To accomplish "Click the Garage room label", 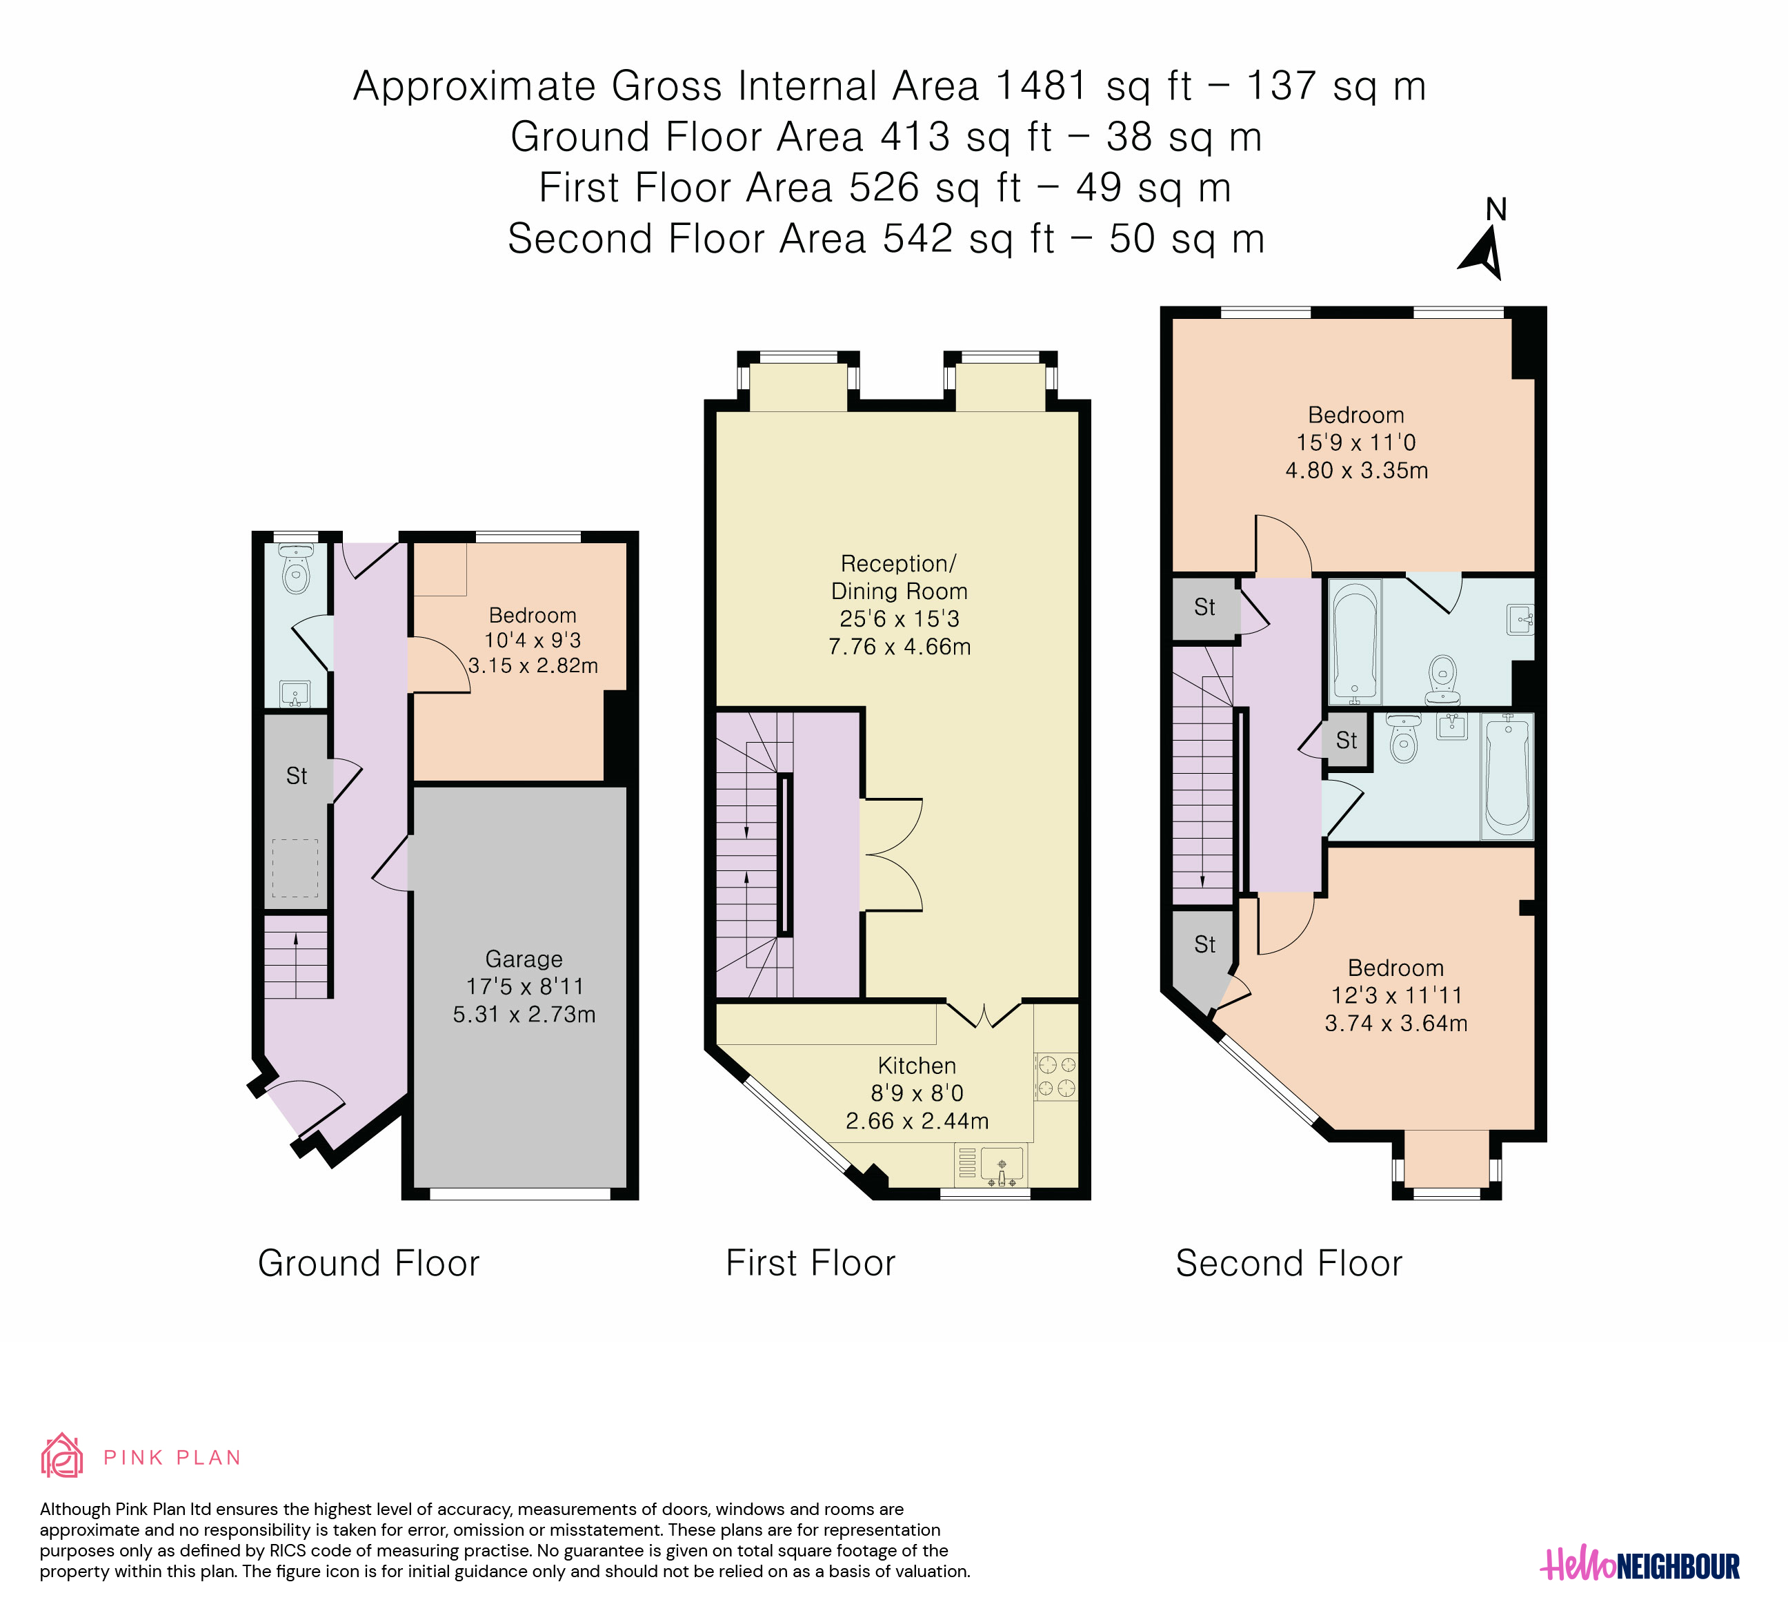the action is point(524,959).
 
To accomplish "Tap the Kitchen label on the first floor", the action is point(917,1066).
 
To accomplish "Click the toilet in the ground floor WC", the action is point(296,569).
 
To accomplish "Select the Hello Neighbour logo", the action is point(1640,1566).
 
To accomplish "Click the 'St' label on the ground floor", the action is point(296,776).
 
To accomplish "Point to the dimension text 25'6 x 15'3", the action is point(900,619).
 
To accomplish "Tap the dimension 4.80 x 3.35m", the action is point(1357,470).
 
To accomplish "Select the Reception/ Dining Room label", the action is point(900,578).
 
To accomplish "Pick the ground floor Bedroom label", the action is point(532,616).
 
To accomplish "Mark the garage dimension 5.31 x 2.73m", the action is point(524,1014).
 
